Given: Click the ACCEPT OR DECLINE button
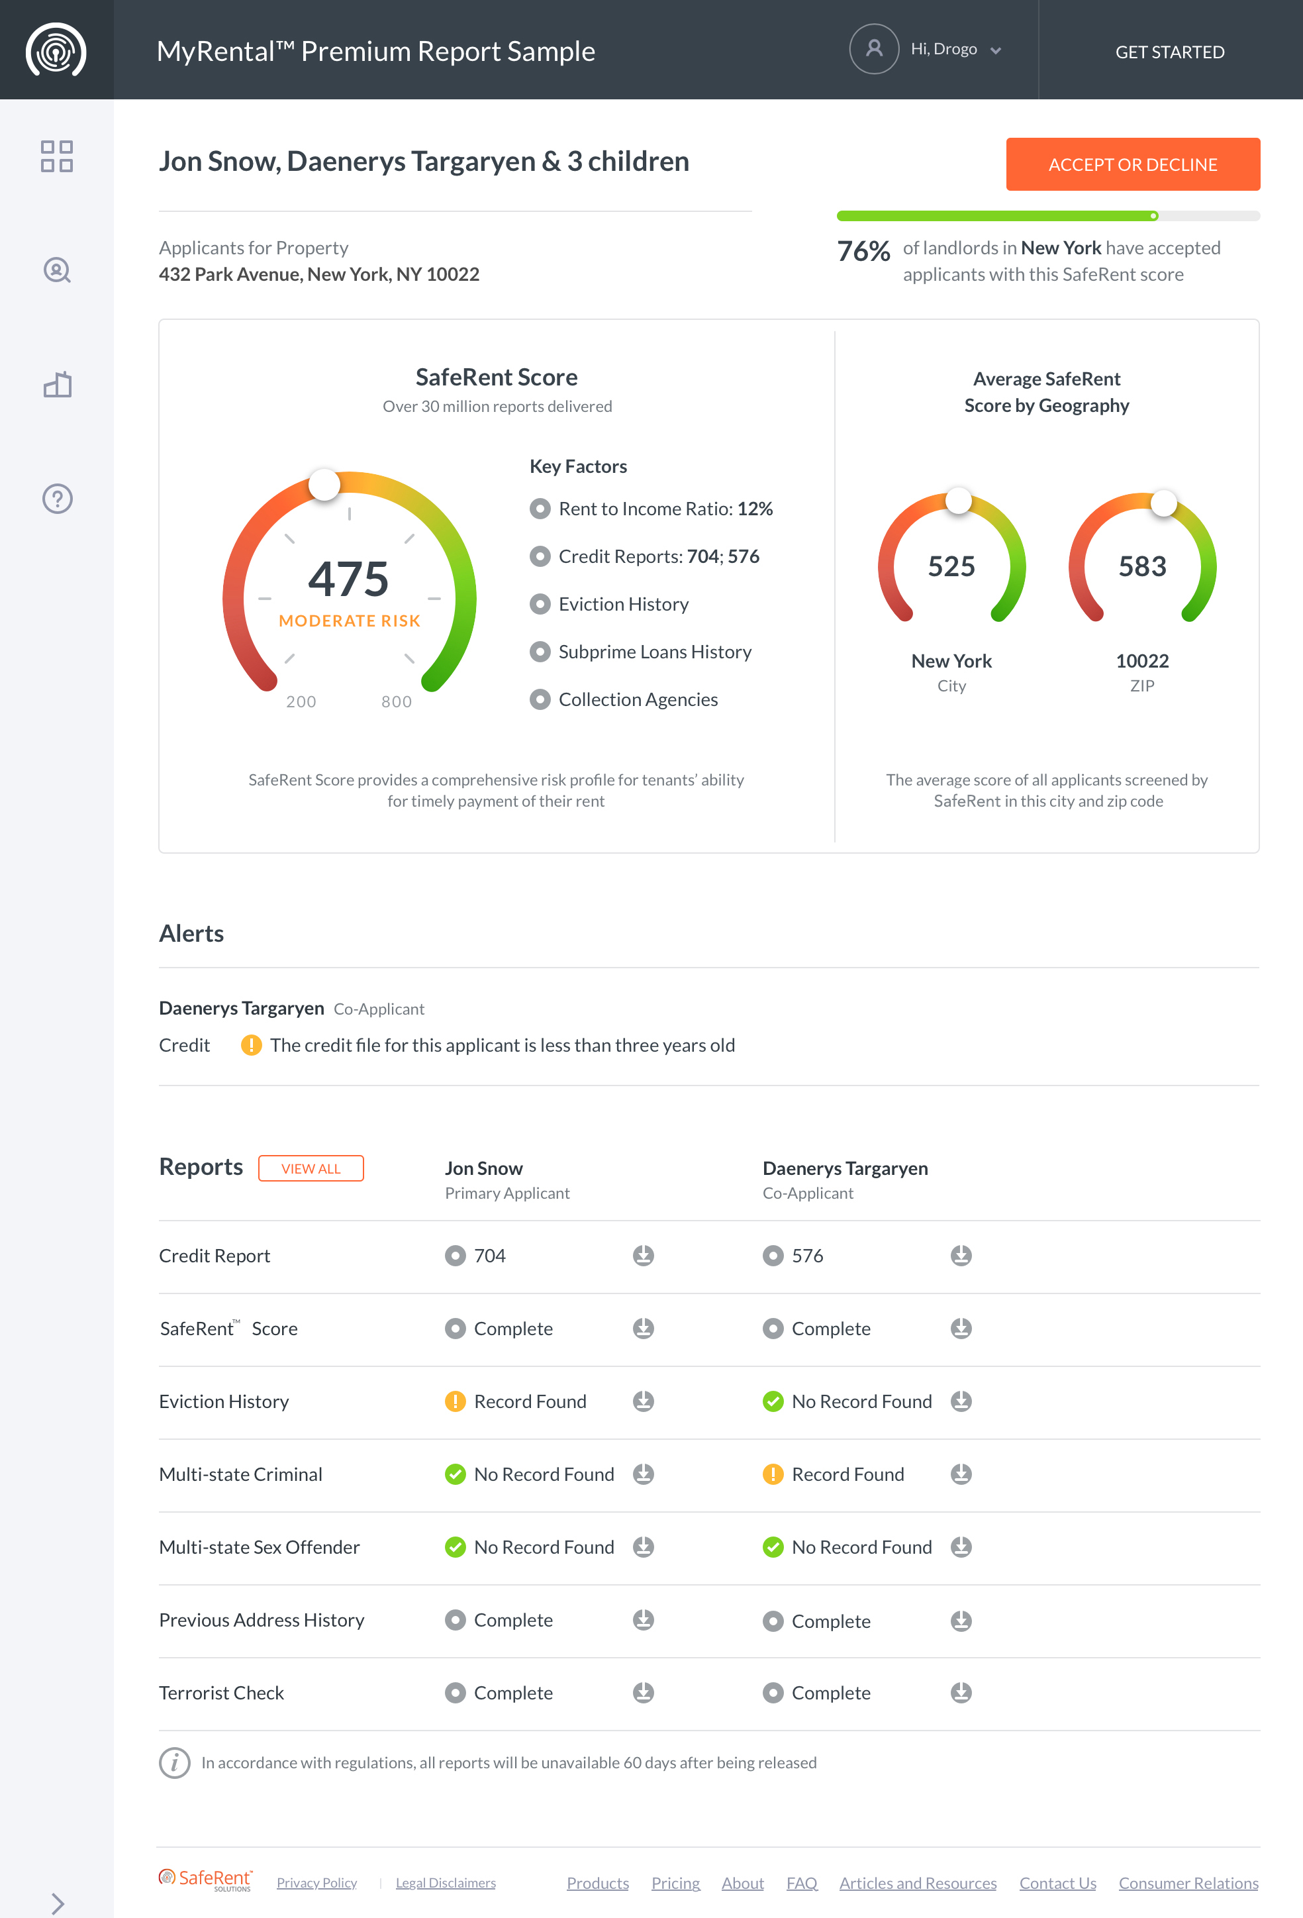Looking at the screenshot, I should click(x=1132, y=164).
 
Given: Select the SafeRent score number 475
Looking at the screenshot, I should click(x=348, y=579).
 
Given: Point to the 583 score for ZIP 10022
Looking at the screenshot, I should click(x=1142, y=566).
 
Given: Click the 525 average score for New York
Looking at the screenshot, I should click(x=951, y=566).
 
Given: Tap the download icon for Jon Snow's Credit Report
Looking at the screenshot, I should click(x=643, y=1255).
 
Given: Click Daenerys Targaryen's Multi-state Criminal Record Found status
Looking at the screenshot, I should click(x=847, y=1474).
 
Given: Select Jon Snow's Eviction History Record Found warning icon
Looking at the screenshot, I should click(x=455, y=1401).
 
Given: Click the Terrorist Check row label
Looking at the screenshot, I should click(x=221, y=1693).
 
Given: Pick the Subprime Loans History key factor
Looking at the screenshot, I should click(x=654, y=652).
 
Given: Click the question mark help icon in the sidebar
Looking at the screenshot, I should click(x=57, y=499).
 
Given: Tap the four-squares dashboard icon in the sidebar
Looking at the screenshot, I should click(x=57, y=156).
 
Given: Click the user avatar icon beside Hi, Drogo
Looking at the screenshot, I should click(x=873, y=50).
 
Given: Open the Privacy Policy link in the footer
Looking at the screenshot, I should click(x=317, y=1882).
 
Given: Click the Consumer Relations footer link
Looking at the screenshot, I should click(x=1188, y=1882).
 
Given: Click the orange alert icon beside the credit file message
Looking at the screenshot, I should click(x=251, y=1045).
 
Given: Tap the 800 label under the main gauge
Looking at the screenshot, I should click(x=396, y=701).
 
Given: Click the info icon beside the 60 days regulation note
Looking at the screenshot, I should click(x=174, y=1763).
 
